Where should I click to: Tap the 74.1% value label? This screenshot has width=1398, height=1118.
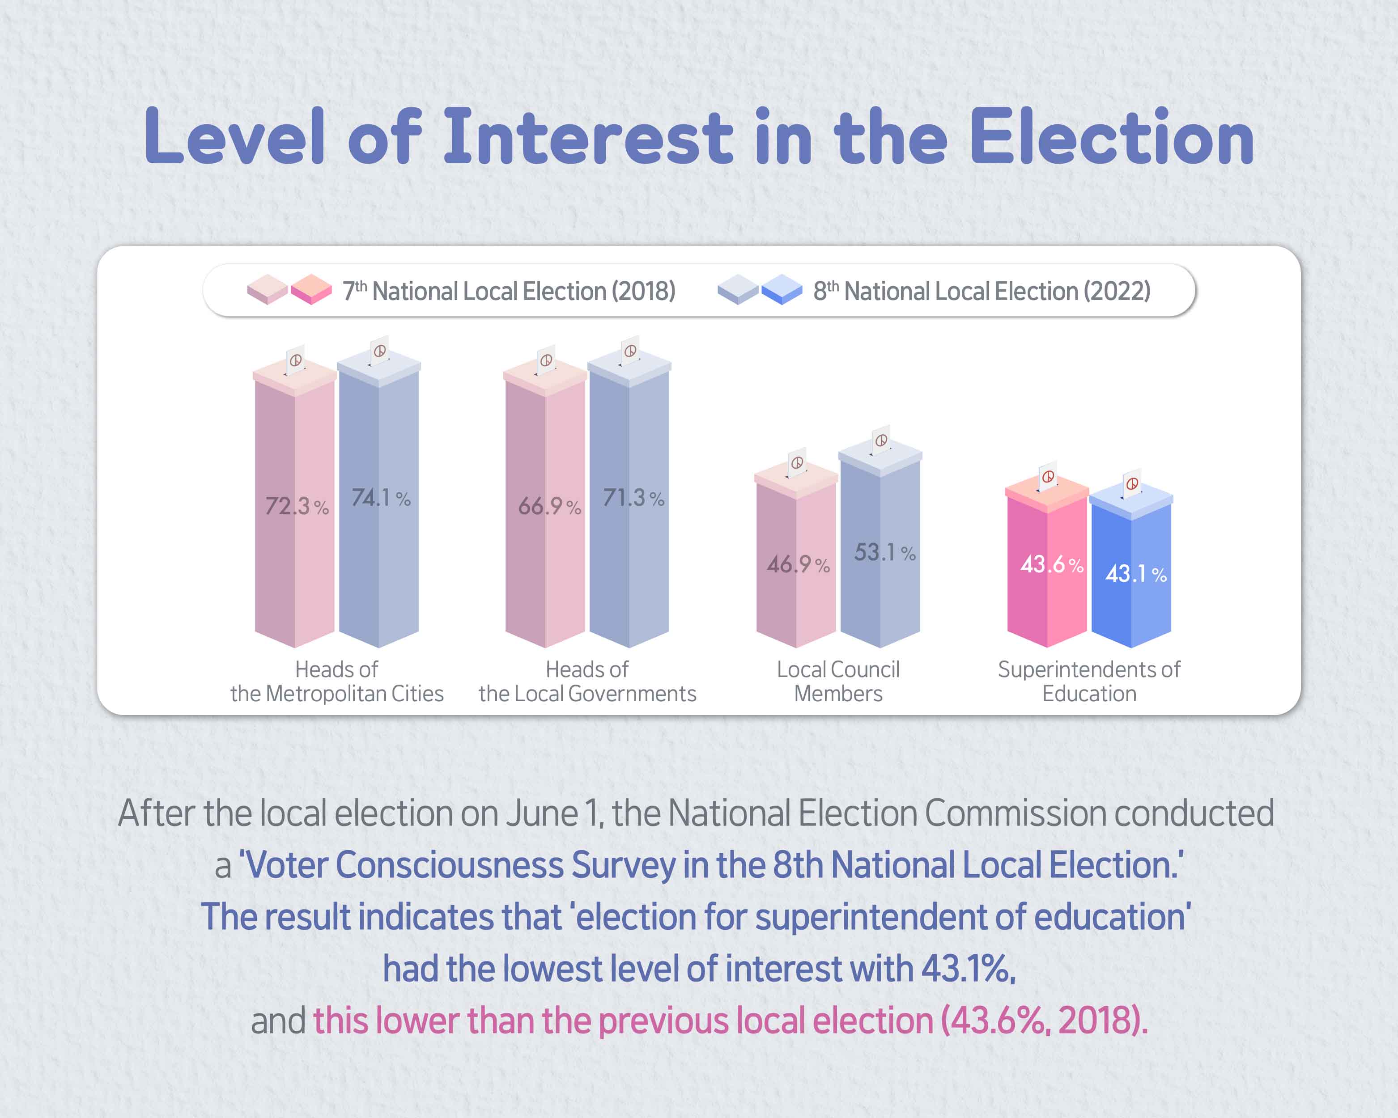point(381,498)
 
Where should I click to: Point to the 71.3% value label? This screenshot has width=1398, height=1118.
point(633,498)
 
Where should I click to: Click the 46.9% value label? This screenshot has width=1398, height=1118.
point(798,564)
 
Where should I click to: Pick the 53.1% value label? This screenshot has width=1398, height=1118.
point(884,552)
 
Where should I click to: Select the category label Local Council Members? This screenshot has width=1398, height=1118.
point(838,681)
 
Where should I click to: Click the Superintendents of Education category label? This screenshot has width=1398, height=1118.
point(1089,681)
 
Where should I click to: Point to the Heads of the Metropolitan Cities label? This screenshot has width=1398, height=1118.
point(336,681)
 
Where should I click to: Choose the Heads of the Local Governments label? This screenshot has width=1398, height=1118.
point(587,681)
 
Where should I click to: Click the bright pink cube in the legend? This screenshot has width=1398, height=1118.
point(311,289)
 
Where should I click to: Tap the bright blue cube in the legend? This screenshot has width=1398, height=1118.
point(782,289)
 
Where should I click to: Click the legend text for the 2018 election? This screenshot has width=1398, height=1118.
point(509,291)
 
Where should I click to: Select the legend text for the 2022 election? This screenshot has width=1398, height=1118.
point(982,291)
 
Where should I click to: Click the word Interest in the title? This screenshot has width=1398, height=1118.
point(587,137)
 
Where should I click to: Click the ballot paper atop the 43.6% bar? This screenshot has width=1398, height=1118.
point(1048,476)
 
